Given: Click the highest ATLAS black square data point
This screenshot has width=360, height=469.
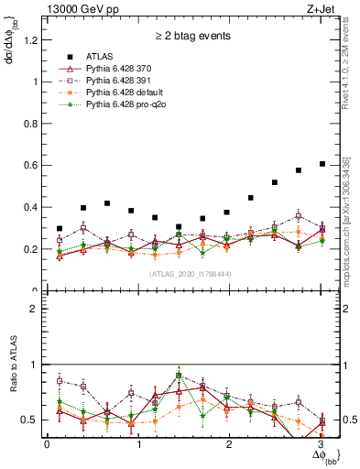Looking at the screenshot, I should [x=322, y=164].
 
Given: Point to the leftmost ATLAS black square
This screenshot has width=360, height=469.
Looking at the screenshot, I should [x=60, y=229].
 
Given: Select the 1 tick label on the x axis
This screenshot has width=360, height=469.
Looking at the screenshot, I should [x=138, y=444].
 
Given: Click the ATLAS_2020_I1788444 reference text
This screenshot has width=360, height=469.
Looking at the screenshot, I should [x=190, y=273].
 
